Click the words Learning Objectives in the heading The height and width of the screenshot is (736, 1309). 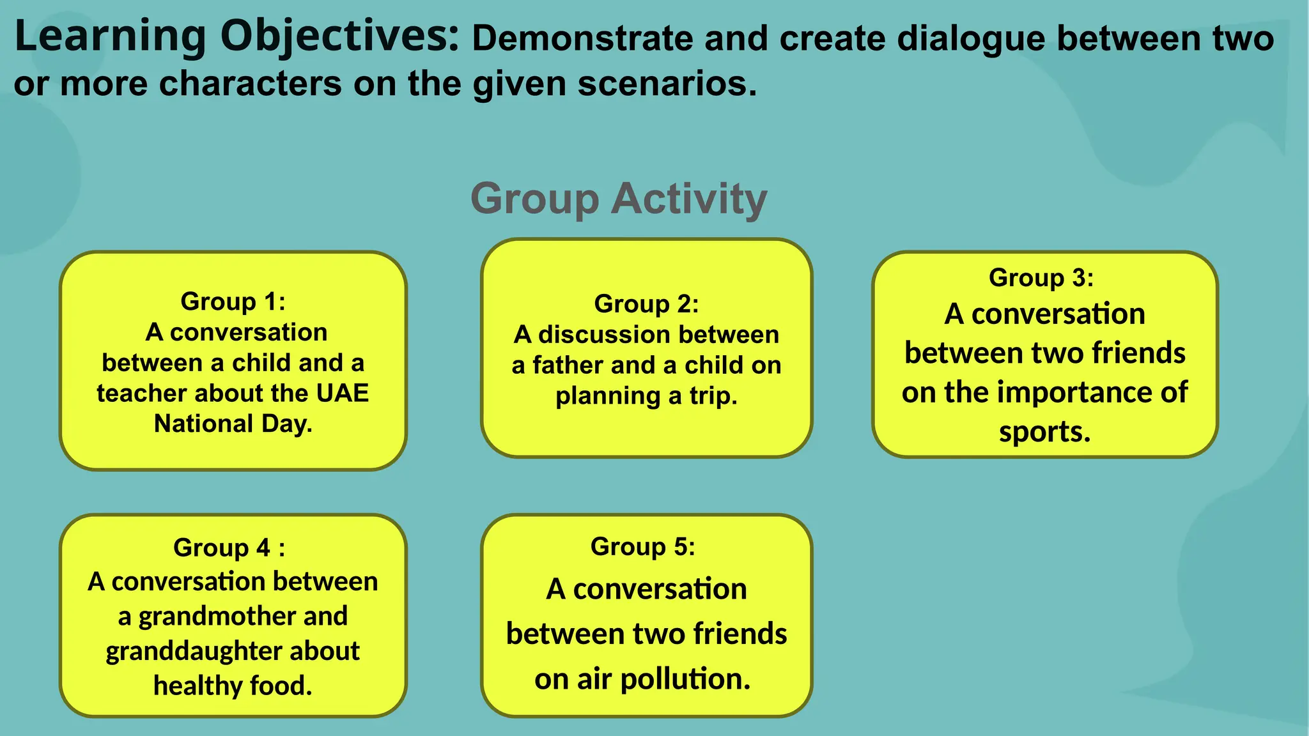click(236, 36)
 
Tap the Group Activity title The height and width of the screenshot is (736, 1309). click(619, 199)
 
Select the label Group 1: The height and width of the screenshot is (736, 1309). click(233, 301)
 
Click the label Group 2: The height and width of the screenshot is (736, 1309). click(646, 303)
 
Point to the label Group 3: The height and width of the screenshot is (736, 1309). click(1041, 277)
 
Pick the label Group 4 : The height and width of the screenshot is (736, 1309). click(229, 548)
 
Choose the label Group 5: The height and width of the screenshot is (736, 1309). click(642, 546)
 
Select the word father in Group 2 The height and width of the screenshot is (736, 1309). click(568, 365)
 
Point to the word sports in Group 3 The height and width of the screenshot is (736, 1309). click(1044, 432)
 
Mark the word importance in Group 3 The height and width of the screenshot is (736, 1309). click(1080, 392)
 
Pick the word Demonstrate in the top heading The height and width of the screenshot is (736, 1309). click(582, 38)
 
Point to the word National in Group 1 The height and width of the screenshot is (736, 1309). click(204, 424)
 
